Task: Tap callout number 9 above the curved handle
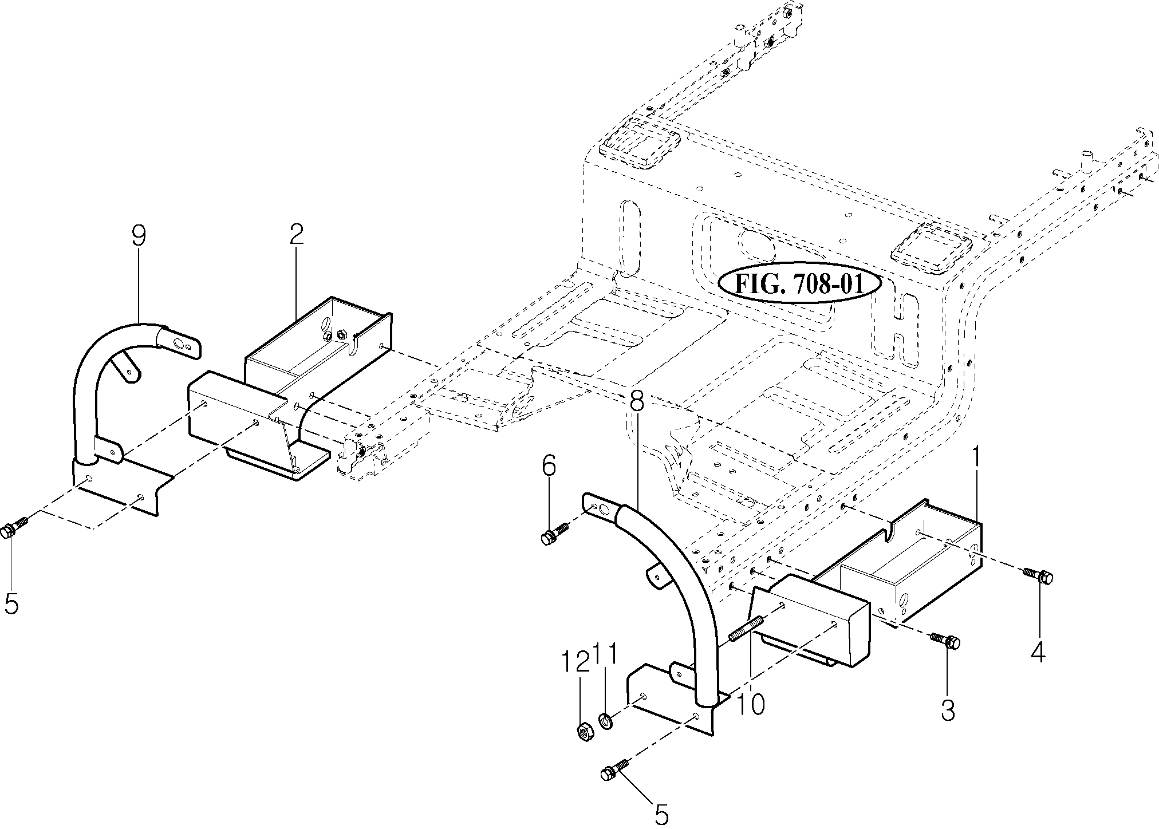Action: tap(139, 235)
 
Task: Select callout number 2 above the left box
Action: tap(295, 235)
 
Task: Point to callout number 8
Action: tap(636, 401)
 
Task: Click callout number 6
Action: tap(548, 467)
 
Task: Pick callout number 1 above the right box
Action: tap(976, 459)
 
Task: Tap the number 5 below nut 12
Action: tap(661, 814)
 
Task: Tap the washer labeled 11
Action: tap(605, 719)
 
